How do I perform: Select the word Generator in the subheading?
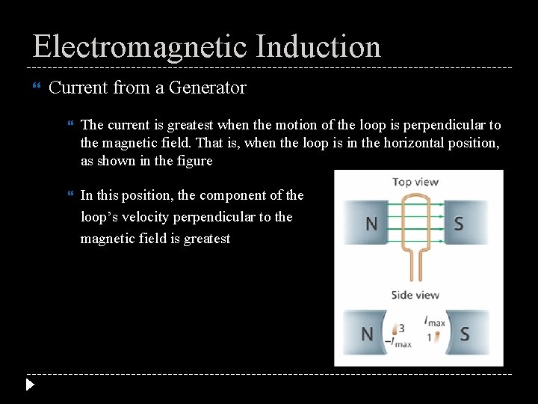click(207, 88)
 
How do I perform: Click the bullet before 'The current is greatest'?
click(70, 125)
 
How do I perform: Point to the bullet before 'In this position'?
click(70, 195)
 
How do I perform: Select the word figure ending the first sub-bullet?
click(194, 161)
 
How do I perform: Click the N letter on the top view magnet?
click(370, 223)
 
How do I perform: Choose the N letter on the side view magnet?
click(367, 333)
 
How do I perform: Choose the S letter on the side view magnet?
click(465, 333)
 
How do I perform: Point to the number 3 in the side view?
click(402, 328)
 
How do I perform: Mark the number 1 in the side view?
click(428, 337)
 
